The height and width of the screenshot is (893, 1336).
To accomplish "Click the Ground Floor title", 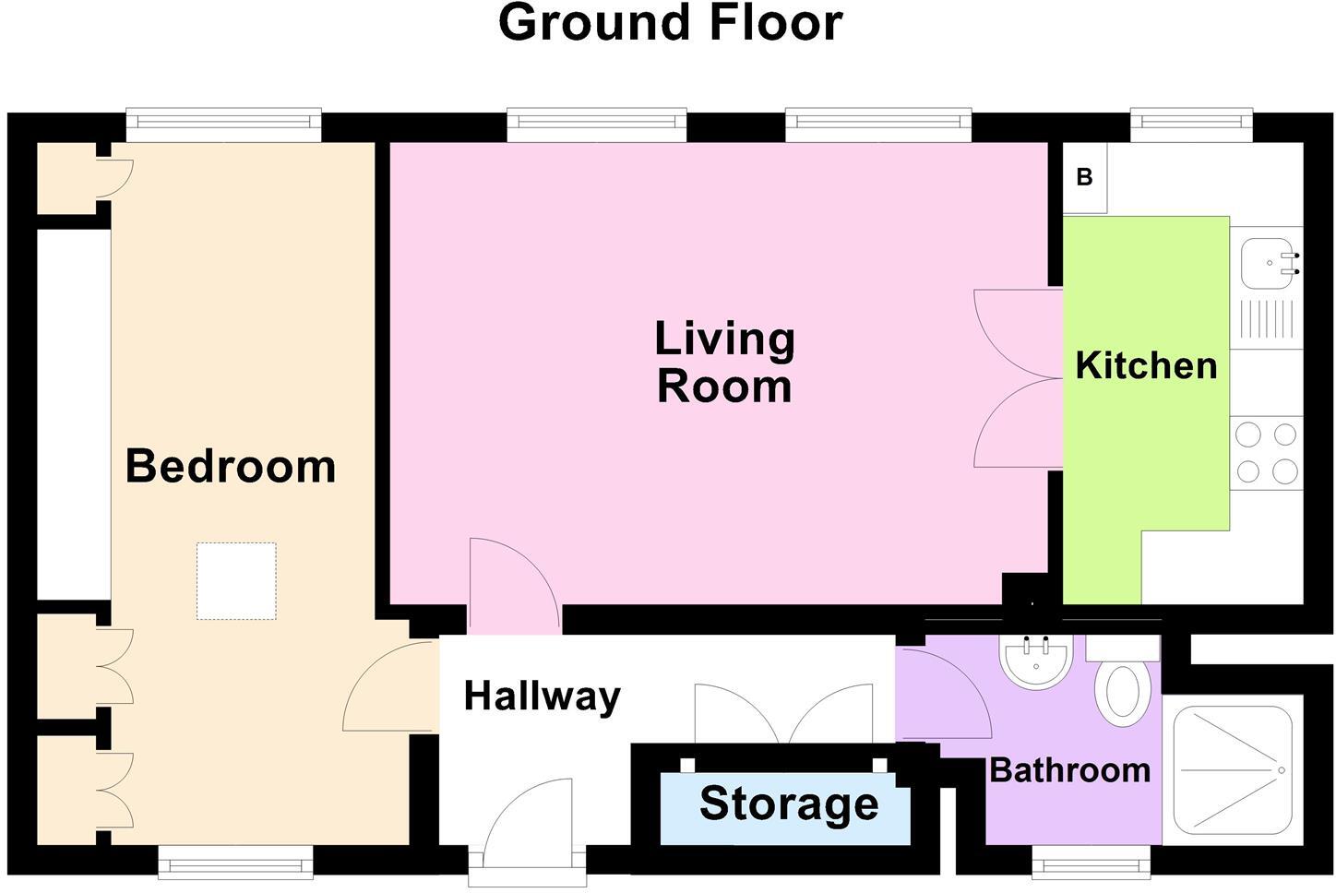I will (670, 24).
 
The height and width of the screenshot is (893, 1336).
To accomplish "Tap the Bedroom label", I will (230, 466).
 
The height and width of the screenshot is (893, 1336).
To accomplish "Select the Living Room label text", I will (724, 363).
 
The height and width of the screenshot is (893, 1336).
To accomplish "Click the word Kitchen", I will (1146, 366).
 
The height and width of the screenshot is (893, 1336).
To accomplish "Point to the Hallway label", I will (542, 696).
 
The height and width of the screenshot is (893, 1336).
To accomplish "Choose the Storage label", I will (788, 804).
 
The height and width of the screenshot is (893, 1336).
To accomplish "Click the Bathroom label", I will (1069, 769).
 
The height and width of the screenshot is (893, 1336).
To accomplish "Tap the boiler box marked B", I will (1085, 177).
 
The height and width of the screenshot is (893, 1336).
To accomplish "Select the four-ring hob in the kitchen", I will (1266, 453).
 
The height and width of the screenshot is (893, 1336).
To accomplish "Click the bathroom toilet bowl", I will (1122, 691).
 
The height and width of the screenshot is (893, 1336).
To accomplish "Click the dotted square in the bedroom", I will (236, 581).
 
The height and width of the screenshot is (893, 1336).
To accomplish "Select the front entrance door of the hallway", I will (528, 827).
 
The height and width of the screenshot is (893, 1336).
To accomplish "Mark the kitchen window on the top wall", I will (1191, 124).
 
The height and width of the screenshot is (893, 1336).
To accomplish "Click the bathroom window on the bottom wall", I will (1091, 864).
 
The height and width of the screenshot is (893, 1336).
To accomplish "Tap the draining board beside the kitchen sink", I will (1266, 319).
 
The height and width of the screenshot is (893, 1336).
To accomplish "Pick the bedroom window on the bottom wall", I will (235, 863).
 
